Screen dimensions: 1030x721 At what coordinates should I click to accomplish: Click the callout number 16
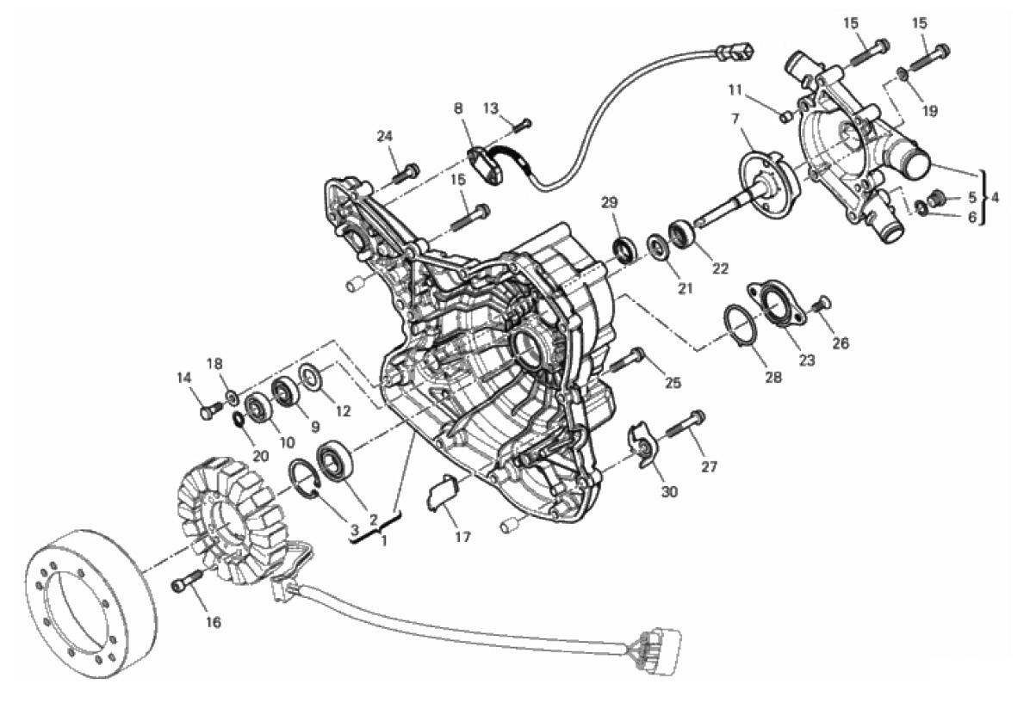coord(214,622)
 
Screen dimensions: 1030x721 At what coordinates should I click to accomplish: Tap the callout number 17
coord(462,537)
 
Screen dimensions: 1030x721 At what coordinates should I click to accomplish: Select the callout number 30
coord(668,491)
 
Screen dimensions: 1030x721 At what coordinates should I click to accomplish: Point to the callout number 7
coord(735,119)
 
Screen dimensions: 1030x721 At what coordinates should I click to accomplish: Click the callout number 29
coord(610,203)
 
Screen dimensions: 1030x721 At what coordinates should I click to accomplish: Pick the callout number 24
coord(384,137)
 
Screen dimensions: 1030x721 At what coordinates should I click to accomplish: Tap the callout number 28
coord(774,377)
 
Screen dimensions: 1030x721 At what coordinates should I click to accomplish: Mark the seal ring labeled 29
coord(624,250)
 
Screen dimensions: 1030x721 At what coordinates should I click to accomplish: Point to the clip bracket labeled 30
coord(640,447)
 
